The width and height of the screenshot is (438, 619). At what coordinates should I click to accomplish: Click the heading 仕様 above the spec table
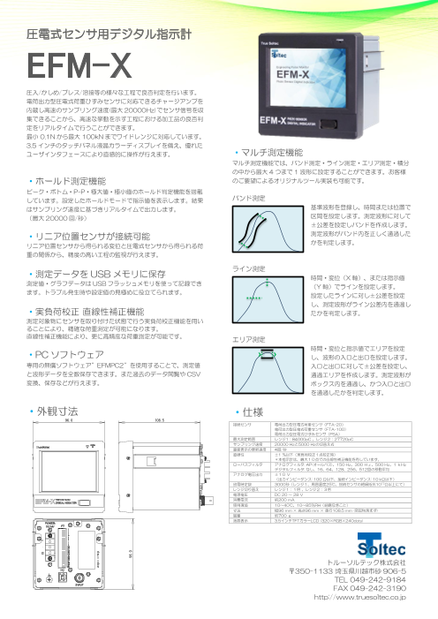tap(251, 411)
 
